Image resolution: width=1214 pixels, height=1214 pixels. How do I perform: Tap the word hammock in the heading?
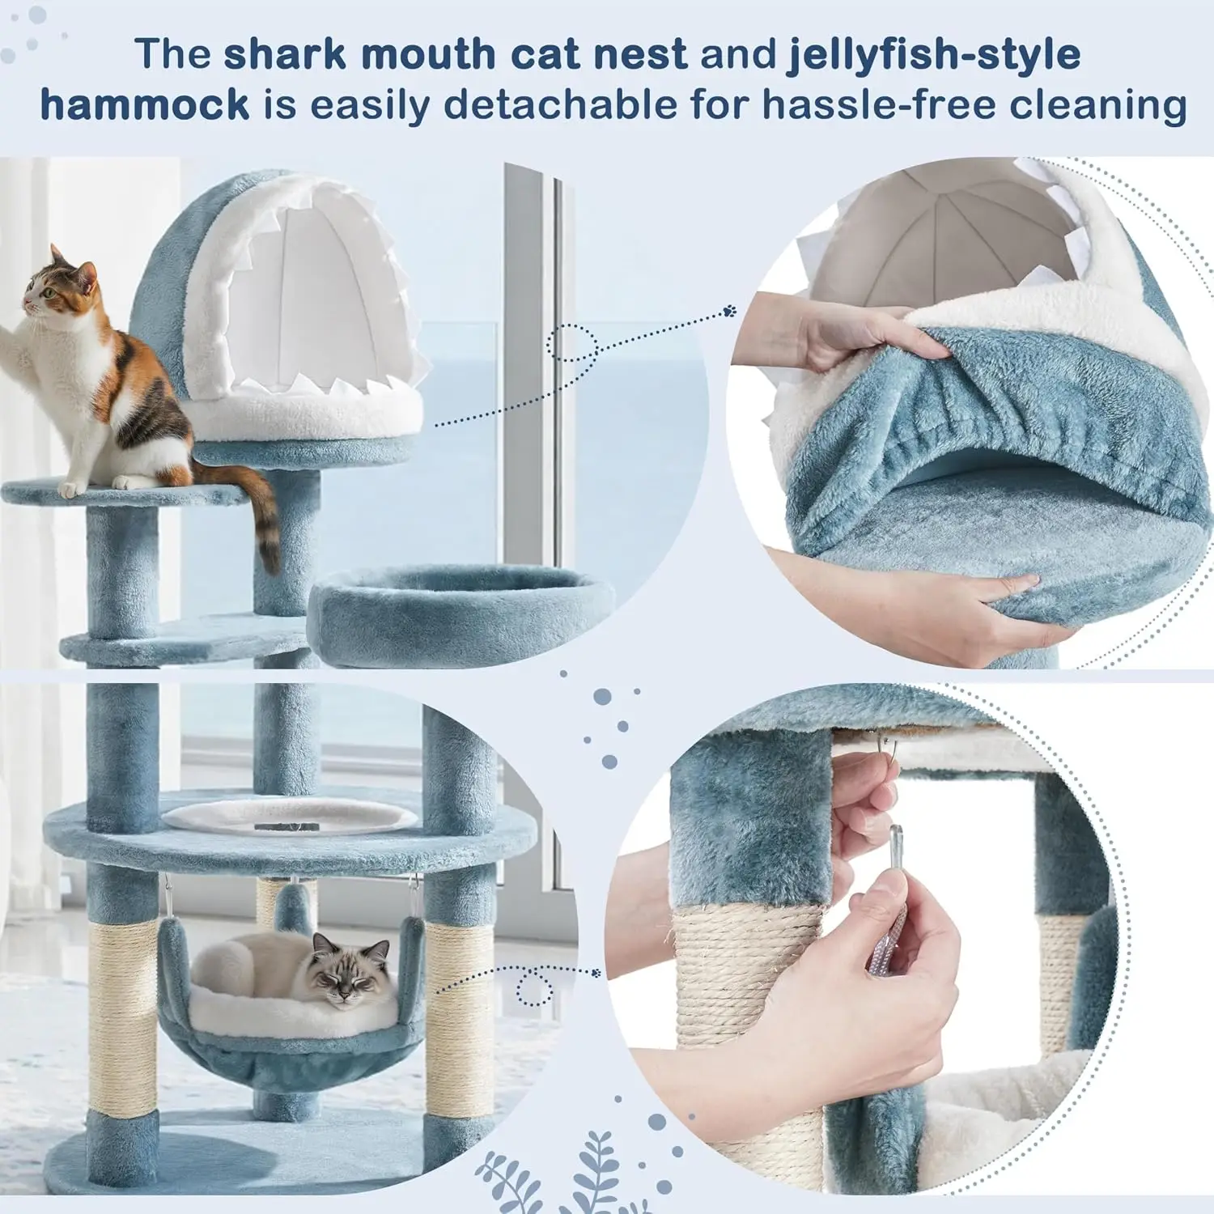[x=145, y=105]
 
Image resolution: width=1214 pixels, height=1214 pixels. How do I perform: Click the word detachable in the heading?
[x=560, y=105]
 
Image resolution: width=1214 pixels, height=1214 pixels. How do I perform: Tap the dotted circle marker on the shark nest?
[x=571, y=342]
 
